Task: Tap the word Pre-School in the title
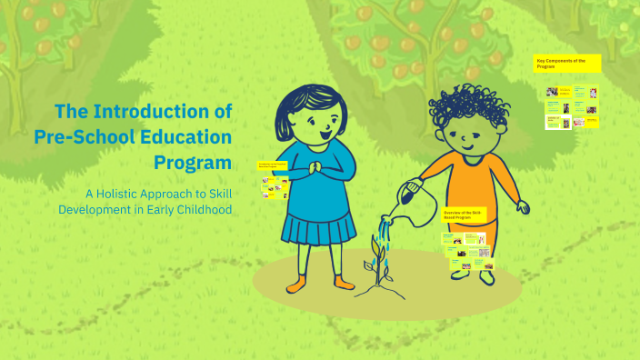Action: click(77, 137)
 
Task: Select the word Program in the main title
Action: click(194, 163)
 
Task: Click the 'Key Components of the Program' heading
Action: click(567, 64)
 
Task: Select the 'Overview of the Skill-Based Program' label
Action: click(465, 215)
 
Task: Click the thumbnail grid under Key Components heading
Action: click(572, 106)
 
